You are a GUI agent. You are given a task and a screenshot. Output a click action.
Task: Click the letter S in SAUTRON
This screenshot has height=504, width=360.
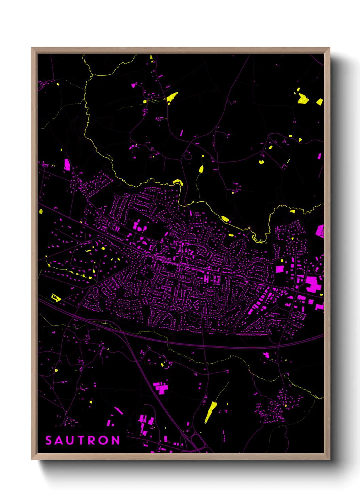tap(49, 440)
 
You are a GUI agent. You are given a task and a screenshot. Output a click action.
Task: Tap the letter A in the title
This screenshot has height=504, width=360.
tap(59, 440)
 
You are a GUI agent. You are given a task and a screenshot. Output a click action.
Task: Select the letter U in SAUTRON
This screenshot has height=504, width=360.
tap(70, 440)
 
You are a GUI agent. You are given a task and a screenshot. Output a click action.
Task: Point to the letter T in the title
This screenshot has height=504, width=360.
tap(81, 440)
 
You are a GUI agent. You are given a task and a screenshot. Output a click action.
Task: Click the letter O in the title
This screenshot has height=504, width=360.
tap(104, 440)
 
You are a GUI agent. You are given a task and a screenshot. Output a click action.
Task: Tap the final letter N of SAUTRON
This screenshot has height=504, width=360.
tap(116, 440)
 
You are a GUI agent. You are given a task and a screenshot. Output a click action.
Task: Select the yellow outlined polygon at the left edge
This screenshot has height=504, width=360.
tap(55, 298)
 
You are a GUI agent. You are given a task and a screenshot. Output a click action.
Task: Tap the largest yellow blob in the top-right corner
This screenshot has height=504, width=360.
tap(302, 99)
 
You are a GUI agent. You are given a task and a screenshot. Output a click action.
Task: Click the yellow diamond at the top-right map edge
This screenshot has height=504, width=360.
tap(320, 101)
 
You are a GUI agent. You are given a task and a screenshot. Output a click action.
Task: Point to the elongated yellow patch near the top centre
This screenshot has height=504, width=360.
tap(172, 97)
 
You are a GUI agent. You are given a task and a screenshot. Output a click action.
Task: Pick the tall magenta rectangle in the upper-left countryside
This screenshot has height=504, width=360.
tap(67, 164)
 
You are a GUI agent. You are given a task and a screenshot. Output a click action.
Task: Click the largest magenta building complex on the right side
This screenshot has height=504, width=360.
tap(313, 284)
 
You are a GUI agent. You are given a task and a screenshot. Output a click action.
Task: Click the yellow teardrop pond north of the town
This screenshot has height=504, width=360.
tap(201, 169)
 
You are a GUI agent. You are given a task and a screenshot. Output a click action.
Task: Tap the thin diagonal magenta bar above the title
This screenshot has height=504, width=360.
tap(118, 410)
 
